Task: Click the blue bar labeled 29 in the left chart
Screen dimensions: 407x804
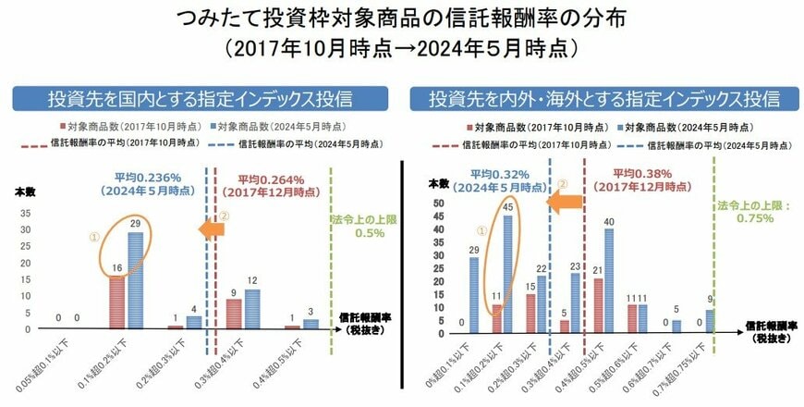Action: tap(135, 280)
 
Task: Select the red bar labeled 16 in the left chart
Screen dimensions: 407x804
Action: tap(116, 302)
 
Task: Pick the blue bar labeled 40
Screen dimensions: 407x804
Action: tap(609, 277)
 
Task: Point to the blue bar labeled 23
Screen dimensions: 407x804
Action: tap(575, 301)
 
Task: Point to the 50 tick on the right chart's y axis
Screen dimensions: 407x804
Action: tap(441, 203)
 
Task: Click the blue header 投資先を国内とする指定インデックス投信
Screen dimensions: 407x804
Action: tap(199, 98)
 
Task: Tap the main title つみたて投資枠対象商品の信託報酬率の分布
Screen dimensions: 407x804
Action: tap(402, 18)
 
